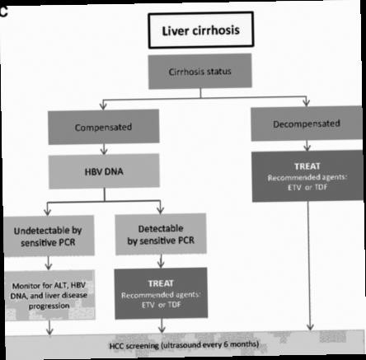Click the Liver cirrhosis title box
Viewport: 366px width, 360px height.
coord(201,30)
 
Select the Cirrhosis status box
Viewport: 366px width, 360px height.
coord(200,72)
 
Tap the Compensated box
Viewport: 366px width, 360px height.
coord(104,127)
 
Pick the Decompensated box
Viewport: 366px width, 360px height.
coord(307,124)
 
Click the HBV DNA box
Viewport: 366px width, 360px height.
coord(104,171)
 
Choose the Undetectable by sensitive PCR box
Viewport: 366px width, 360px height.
coord(49,236)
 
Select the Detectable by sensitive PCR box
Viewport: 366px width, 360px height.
coord(161,234)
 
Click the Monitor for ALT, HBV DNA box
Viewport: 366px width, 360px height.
coord(49,295)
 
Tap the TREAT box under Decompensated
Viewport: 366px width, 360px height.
coord(307,176)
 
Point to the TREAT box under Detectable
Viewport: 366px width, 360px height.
coord(161,293)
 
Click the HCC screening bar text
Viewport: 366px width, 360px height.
coord(184,345)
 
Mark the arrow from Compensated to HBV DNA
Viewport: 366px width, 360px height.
coord(104,149)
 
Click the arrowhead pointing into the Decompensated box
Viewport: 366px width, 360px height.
coord(306,103)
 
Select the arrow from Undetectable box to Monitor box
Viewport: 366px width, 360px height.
coord(49,263)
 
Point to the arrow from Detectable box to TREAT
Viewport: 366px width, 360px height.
coord(161,261)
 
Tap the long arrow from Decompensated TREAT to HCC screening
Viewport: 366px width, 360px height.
coord(309,266)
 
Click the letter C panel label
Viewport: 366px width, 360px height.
coord(3,12)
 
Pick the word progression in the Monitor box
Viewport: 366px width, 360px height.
coord(49,306)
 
